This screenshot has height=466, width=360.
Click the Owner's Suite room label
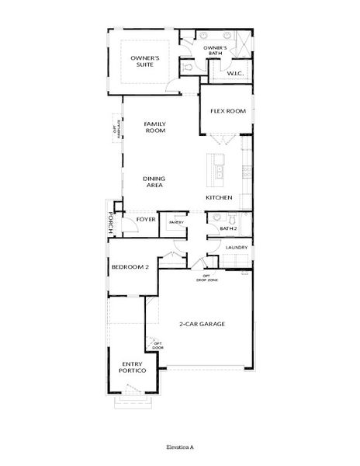click(145, 61)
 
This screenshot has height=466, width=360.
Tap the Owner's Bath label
click(215, 50)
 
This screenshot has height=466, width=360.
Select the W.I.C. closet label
click(236, 75)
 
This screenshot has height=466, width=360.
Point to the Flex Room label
click(227, 111)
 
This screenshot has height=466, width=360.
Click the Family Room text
click(156, 127)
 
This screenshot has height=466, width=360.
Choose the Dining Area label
click(154, 182)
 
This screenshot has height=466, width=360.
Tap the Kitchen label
click(220, 198)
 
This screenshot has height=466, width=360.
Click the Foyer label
click(147, 219)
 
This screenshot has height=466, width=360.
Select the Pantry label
click(175, 222)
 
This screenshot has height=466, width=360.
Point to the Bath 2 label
click(227, 229)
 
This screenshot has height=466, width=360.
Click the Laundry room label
click(237, 248)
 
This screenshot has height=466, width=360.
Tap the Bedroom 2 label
click(130, 266)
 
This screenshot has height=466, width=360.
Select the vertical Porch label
click(111, 223)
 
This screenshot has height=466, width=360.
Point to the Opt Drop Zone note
click(207, 277)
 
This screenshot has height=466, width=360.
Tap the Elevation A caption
click(179, 448)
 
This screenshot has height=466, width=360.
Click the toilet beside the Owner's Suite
click(189, 69)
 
